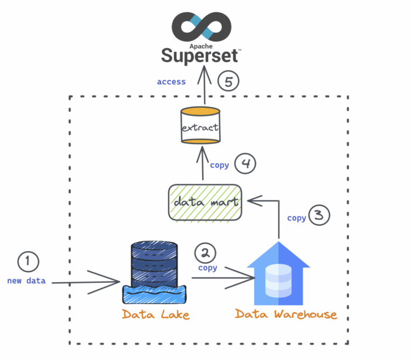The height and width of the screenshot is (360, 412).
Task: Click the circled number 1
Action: (x=28, y=262)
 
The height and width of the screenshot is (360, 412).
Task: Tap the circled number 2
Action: (x=205, y=253)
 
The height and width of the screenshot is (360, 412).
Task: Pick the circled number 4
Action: (x=246, y=164)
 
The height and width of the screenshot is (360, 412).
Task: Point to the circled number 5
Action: (x=229, y=81)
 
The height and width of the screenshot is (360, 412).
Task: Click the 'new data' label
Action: (x=26, y=280)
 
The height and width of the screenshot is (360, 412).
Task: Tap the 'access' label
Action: (x=171, y=82)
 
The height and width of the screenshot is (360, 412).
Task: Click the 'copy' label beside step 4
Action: (x=219, y=165)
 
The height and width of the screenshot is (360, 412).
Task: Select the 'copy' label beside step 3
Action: (x=297, y=218)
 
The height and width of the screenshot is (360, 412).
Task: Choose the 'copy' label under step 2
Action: (x=207, y=268)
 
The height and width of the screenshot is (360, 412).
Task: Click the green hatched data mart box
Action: (x=205, y=203)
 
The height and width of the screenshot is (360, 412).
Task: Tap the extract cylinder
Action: (x=200, y=126)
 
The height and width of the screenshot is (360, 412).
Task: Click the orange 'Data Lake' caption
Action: (x=155, y=314)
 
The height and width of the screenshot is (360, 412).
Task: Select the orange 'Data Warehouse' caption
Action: (x=286, y=314)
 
